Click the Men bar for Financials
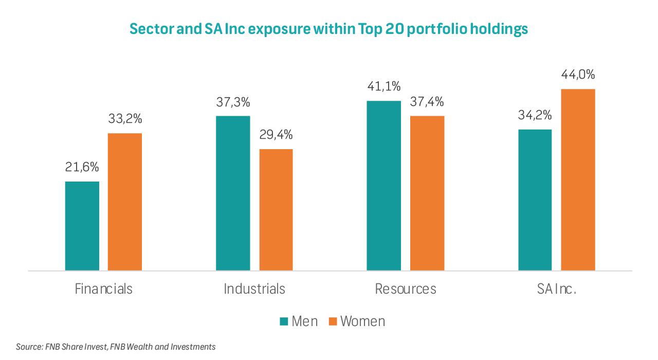(82, 226)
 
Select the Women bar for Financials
(124, 202)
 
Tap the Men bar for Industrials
(233, 193)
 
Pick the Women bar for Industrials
(276, 209)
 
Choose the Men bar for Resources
(383, 185)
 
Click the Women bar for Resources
(427, 193)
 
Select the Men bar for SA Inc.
(535, 200)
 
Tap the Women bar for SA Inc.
(578, 179)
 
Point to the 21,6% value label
(82, 167)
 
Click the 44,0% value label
(578, 75)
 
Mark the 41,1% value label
(383, 86)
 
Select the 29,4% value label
(276, 135)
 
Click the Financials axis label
(103, 289)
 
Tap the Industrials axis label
(254, 289)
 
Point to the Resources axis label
(406, 289)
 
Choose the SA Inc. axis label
(557, 289)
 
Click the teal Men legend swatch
(284, 321)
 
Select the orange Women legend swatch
(333, 321)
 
